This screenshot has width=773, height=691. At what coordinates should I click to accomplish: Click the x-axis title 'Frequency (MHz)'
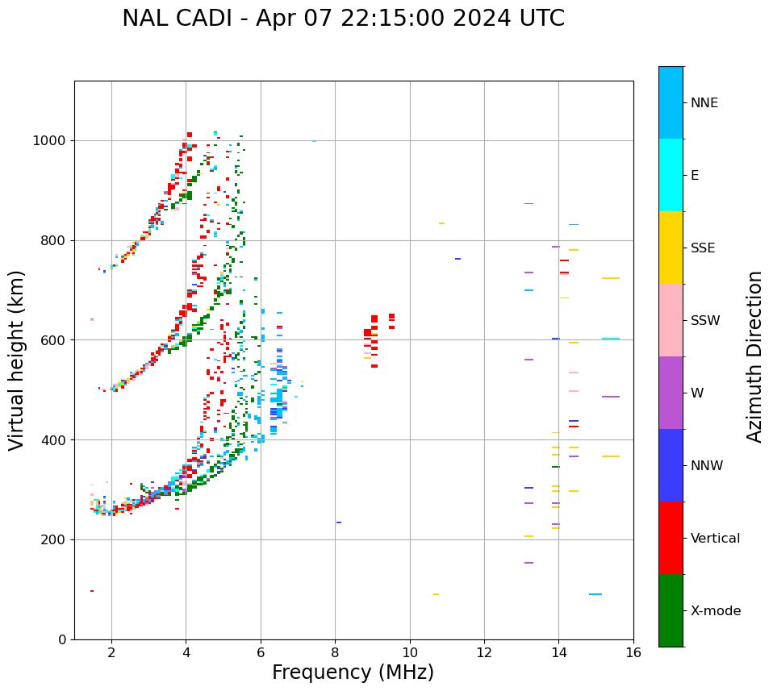pyautogui.click(x=353, y=672)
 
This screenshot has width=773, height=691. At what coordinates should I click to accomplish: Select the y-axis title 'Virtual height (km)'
pyautogui.click(x=17, y=360)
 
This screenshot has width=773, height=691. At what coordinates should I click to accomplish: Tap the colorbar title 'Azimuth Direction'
pyautogui.click(x=754, y=356)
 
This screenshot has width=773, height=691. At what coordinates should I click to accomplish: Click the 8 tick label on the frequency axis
pyautogui.click(x=336, y=652)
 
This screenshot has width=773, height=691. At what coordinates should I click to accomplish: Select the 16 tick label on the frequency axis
pyautogui.click(x=633, y=652)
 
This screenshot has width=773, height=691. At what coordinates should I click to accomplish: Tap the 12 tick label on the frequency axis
pyautogui.click(x=484, y=652)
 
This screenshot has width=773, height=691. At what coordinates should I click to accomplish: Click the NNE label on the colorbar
pyautogui.click(x=704, y=103)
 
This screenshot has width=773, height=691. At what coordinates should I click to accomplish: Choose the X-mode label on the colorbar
pyautogui.click(x=715, y=611)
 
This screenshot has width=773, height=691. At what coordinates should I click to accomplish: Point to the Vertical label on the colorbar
pyautogui.click(x=715, y=539)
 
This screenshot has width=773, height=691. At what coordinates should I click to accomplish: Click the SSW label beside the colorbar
pyautogui.click(x=705, y=321)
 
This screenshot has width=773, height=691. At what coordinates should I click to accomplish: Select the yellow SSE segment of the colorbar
pyautogui.click(x=671, y=248)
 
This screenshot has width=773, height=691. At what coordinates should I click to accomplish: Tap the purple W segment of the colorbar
pyautogui.click(x=671, y=393)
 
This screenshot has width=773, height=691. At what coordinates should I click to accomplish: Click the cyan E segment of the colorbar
pyautogui.click(x=671, y=175)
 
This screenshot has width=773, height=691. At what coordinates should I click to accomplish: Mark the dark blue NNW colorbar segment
pyautogui.click(x=671, y=465)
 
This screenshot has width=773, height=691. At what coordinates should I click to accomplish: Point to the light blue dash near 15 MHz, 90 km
pyautogui.click(x=595, y=594)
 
